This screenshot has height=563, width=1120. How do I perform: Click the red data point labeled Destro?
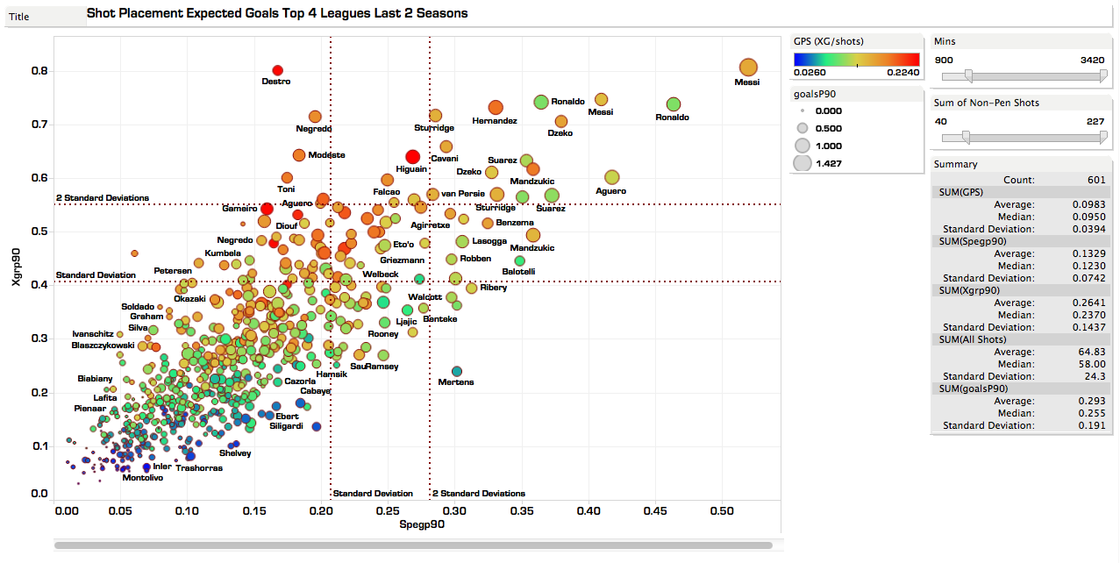(277, 70)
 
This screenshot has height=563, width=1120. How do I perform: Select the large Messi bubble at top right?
(747, 68)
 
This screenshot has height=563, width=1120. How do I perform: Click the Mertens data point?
(456, 372)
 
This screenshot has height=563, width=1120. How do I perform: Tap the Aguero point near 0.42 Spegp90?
(611, 177)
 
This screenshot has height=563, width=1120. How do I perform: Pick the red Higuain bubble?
(412, 157)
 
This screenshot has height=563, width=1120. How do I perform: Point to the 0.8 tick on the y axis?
(39, 71)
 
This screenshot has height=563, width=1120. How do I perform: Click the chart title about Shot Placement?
(277, 14)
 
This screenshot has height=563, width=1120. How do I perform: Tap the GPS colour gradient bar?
(856, 59)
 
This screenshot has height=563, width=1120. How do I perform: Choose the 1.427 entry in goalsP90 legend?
(829, 163)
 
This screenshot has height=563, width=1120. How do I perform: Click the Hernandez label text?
(495, 121)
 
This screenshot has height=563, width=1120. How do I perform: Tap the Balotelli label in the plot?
(518, 272)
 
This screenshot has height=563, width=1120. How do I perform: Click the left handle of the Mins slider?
(967, 75)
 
